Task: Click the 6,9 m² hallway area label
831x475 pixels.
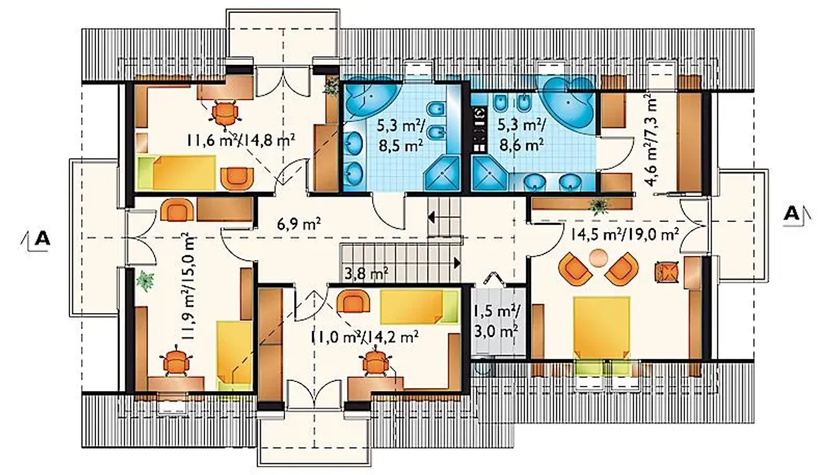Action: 299,224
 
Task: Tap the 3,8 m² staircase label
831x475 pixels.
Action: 367,274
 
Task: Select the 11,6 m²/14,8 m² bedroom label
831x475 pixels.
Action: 241,141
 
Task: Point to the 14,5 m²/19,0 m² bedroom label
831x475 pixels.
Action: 625,235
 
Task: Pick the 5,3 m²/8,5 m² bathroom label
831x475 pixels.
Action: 401,135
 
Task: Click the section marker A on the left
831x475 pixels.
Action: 39,240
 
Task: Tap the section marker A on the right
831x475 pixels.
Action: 796,214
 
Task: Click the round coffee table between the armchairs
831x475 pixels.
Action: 599,258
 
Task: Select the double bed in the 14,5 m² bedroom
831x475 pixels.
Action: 601,328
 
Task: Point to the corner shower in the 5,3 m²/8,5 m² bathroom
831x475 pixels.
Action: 442,173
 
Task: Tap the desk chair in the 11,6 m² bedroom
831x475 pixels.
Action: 225,115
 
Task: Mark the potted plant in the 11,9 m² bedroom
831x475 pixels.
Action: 145,281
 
